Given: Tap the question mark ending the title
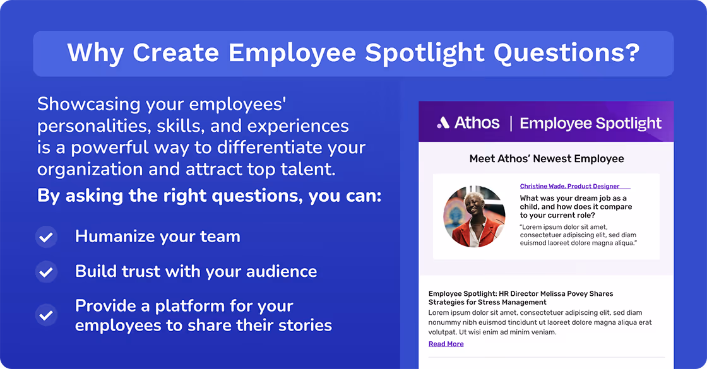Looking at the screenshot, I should (632, 53).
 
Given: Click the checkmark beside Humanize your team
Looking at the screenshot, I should (45, 238).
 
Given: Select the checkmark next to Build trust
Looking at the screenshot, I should (45, 272).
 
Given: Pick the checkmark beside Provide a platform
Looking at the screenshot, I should (45, 315).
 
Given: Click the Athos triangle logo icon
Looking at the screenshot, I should (443, 123).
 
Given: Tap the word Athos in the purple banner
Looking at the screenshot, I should (477, 123).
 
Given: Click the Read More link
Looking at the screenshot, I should (446, 344).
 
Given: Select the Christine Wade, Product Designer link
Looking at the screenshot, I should (569, 186).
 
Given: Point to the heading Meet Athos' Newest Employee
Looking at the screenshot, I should (546, 158).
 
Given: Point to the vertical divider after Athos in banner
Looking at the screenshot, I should (510, 123).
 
